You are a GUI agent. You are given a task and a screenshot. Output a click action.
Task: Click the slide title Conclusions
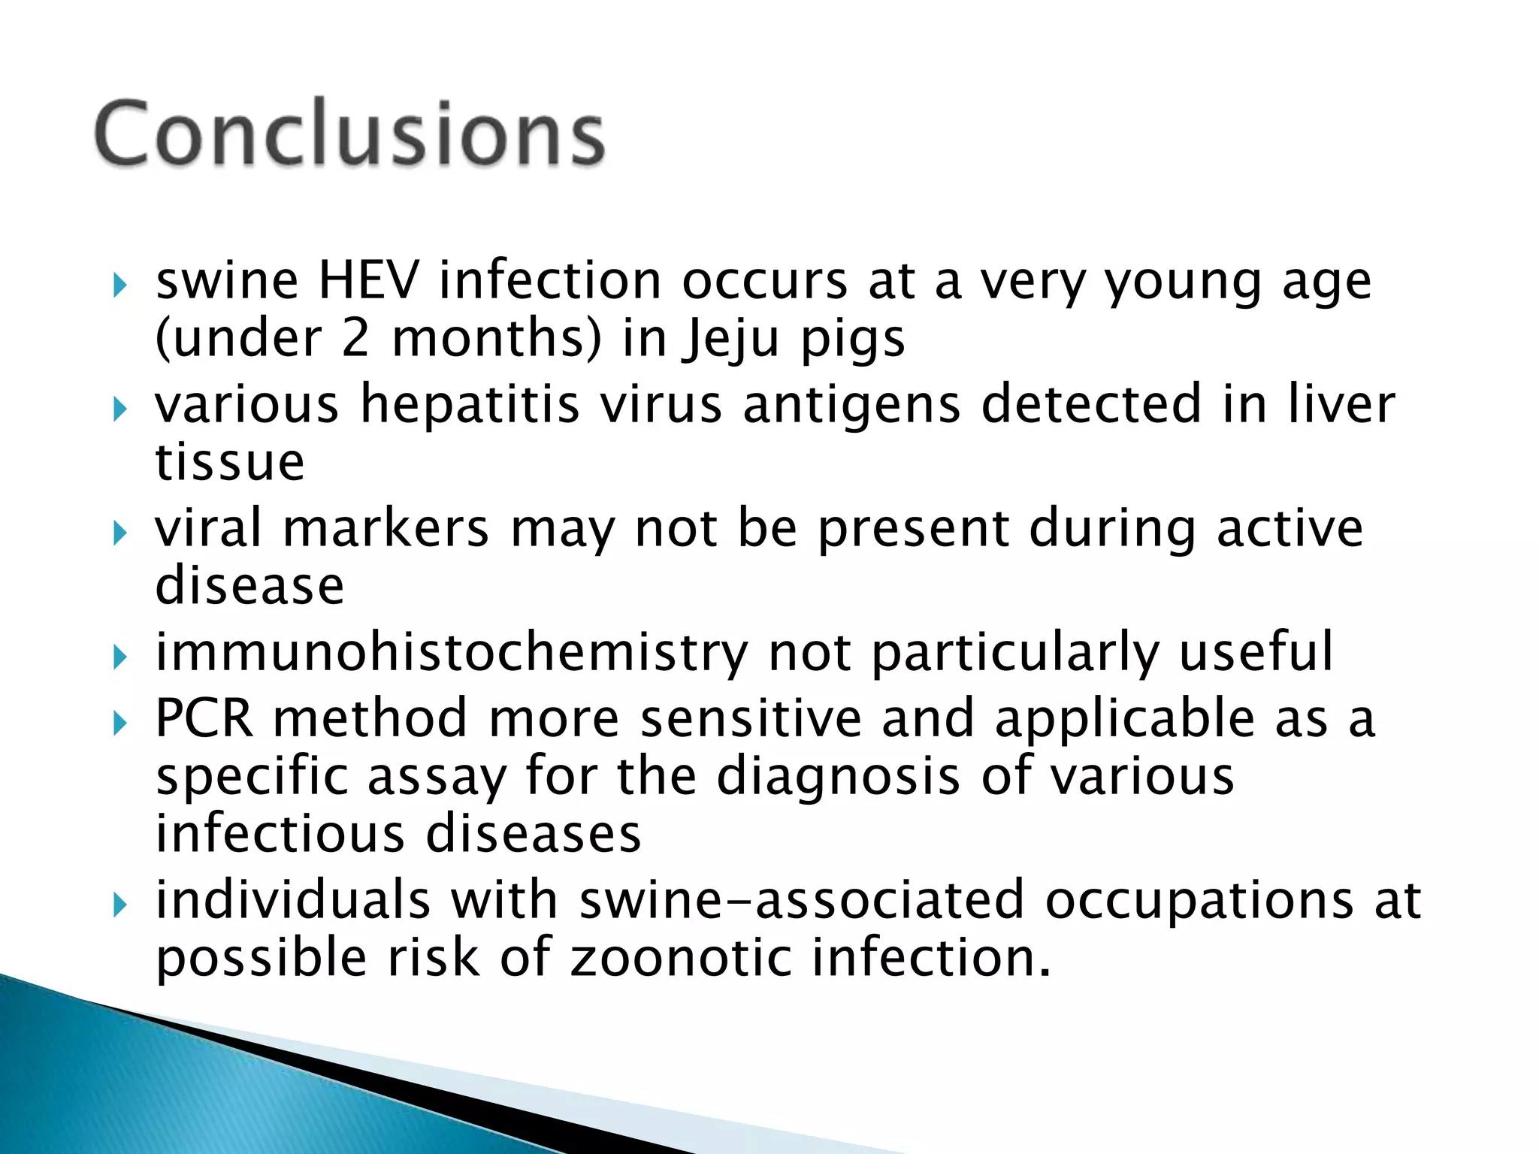point(349,134)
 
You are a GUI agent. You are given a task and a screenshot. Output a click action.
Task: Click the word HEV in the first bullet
point(368,280)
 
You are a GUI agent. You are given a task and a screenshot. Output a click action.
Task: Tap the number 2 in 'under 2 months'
point(355,338)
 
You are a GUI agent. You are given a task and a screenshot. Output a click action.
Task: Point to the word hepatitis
point(470,404)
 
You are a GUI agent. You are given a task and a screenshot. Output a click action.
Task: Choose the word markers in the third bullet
point(386,527)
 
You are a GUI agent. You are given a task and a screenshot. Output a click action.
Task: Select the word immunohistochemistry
point(452,652)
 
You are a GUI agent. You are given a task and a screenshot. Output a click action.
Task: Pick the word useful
point(1256,651)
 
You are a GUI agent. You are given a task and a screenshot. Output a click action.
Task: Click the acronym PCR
point(204,718)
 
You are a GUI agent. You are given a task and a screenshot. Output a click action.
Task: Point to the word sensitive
point(751,718)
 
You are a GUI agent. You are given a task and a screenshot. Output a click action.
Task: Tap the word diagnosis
point(838,776)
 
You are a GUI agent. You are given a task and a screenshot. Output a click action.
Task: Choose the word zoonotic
point(681,959)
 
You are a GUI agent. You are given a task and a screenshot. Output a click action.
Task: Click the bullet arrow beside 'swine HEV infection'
point(119,285)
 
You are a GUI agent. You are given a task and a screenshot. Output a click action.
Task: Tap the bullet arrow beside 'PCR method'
point(119,724)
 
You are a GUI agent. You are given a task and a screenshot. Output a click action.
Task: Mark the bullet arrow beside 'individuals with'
point(119,905)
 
